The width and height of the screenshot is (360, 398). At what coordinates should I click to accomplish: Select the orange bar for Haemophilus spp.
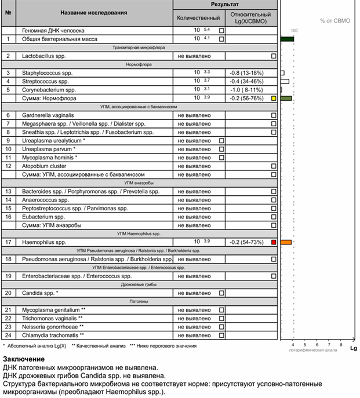coord(286,242)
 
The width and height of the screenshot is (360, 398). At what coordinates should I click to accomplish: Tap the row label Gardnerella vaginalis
coord(48,115)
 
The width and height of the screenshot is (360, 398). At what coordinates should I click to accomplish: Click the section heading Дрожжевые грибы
coord(137,284)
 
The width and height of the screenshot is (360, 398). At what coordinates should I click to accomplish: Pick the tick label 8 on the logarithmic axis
coord(329,345)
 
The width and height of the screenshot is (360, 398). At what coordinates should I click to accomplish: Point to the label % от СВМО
coord(335,21)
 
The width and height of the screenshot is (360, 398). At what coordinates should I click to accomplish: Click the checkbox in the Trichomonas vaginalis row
coord(221,318)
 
